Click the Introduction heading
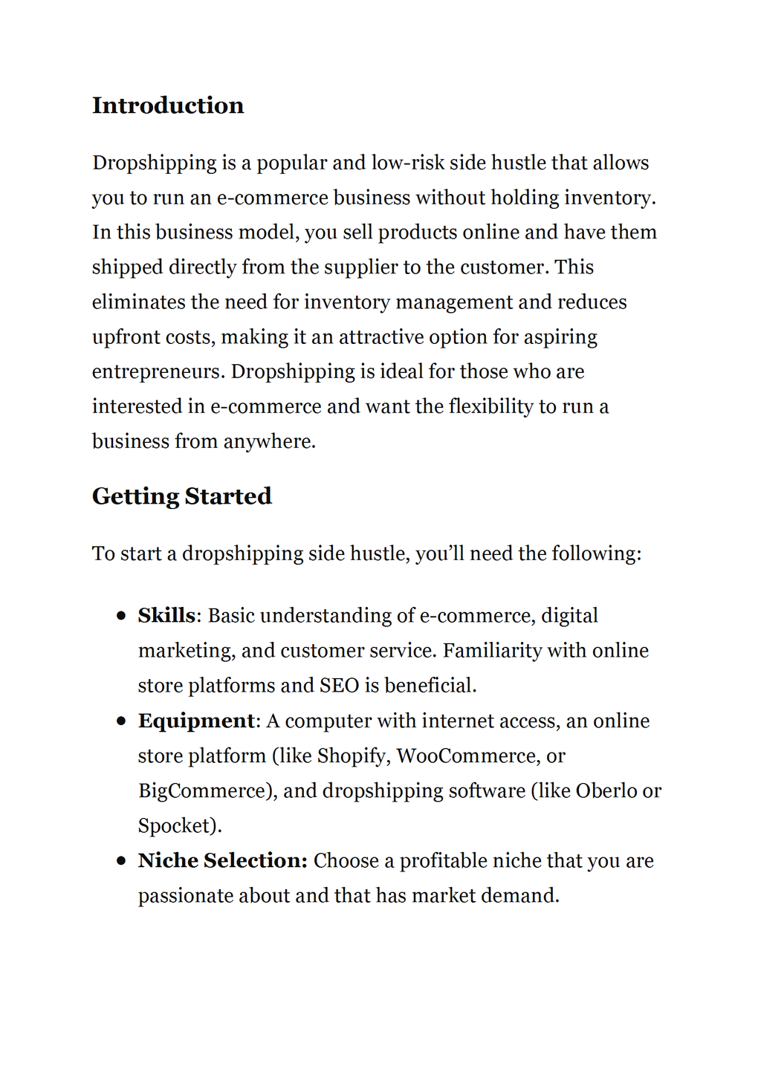pos(168,105)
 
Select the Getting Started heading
pos(182,496)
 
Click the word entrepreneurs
pos(158,372)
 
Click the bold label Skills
pos(166,616)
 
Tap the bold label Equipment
pos(196,721)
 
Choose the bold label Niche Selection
pos(222,861)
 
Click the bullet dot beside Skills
pos(121,616)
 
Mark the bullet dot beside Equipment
pos(121,721)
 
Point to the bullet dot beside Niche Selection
pos(121,861)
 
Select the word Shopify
pos(352,756)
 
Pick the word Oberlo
pos(606,791)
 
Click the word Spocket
pos(176,826)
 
